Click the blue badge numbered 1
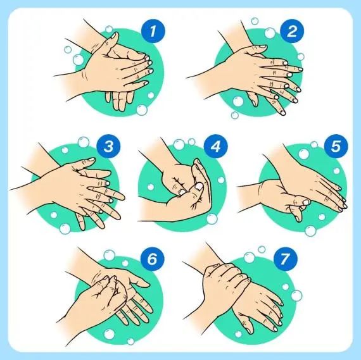click(x=153, y=31)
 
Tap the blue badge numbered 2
click(x=292, y=31)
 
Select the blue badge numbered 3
click(x=108, y=146)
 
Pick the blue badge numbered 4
click(x=215, y=146)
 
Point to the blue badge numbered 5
click(x=336, y=146)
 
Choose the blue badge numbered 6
click(x=152, y=259)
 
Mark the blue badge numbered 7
click(x=285, y=259)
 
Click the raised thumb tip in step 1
click(x=115, y=35)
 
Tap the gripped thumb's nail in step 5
click(x=306, y=202)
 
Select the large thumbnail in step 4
click(x=199, y=186)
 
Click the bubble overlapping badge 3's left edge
click(x=84, y=142)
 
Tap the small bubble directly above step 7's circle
click(x=262, y=249)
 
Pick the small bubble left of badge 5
click(x=314, y=144)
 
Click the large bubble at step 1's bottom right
click(x=142, y=110)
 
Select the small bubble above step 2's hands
click(x=255, y=21)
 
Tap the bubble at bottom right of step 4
click(x=212, y=218)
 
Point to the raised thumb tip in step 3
click(x=91, y=159)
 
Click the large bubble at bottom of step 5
click(x=310, y=231)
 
